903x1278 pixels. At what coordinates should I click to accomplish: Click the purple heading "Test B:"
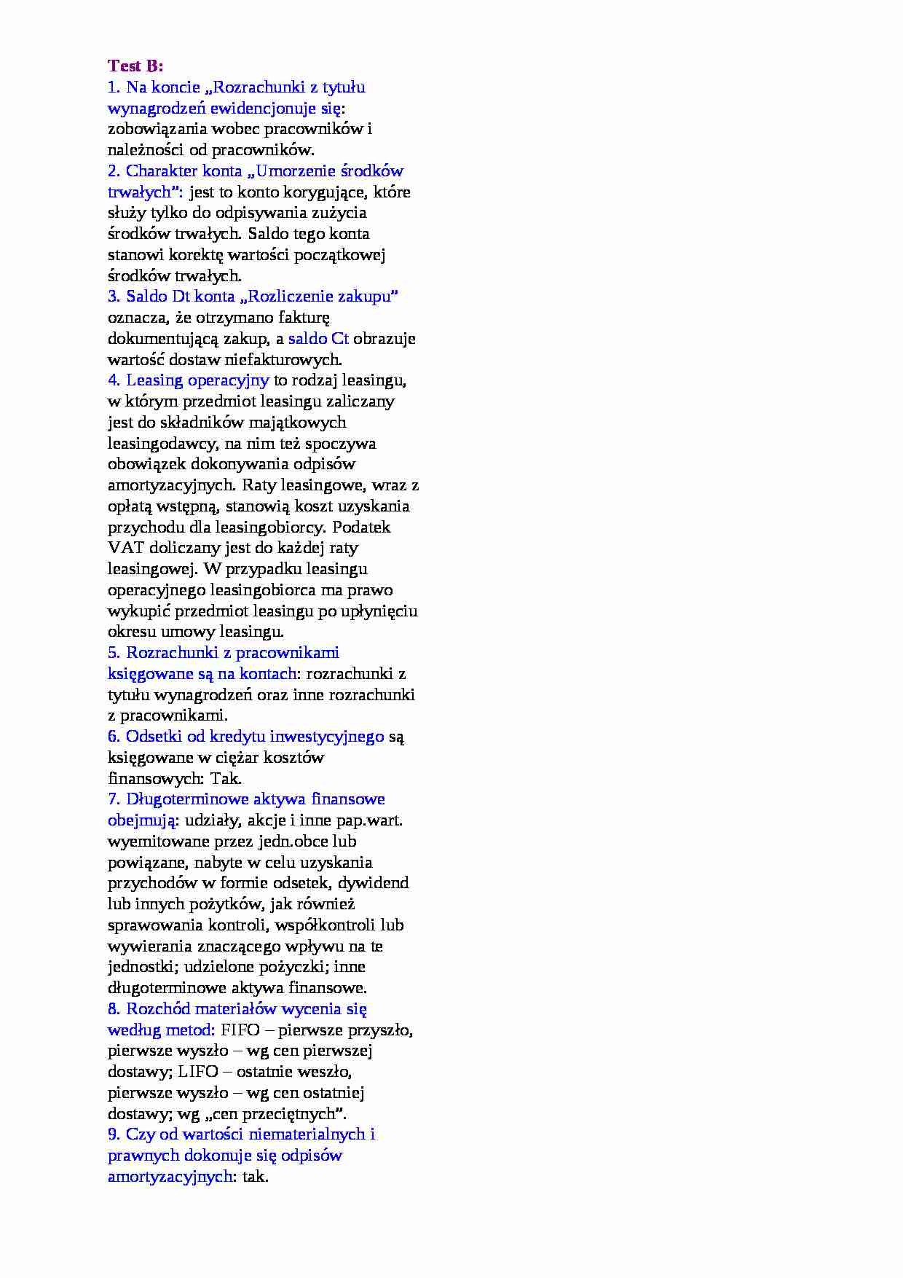pos(135,66)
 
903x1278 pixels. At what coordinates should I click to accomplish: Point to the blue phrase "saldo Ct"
pos(318,339)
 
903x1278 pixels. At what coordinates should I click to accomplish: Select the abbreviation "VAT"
pos(123,548)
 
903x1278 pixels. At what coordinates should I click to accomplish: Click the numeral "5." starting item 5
pos(114,653)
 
